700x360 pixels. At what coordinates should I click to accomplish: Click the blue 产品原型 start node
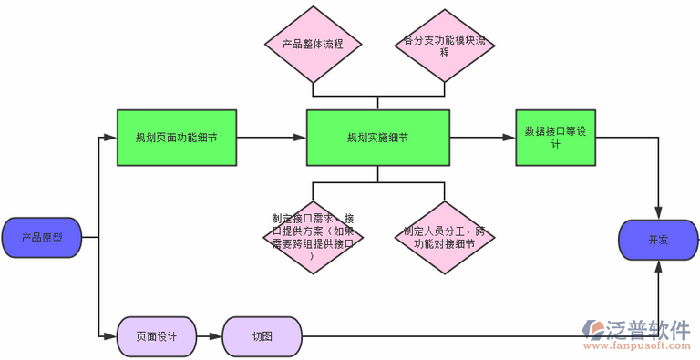click(43, 238)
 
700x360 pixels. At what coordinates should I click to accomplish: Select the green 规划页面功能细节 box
click(176, 138)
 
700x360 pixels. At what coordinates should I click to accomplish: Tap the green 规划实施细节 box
click(377, 138)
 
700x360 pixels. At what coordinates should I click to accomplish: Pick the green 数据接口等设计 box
click(555, 138)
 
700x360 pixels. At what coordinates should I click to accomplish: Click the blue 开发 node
click(658, 240)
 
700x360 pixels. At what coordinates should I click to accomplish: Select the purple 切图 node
click(262, 336)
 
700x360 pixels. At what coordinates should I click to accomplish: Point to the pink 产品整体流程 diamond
click(314, 44)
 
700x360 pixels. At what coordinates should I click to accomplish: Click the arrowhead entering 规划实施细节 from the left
click(300, 139)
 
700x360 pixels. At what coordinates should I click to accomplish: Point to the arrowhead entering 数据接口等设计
click(509, 139)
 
